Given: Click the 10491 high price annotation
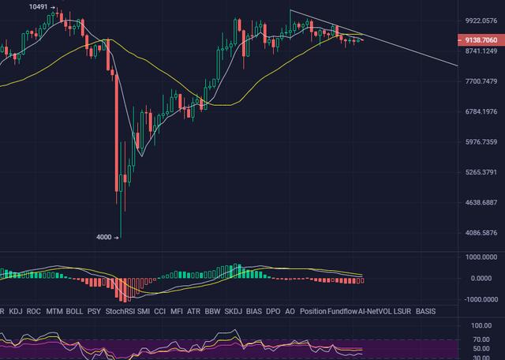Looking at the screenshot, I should pos(38,6).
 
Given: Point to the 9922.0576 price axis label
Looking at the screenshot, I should pos(481,21).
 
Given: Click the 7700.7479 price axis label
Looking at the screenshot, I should pos(481,81).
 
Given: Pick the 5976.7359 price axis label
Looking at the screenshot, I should pos(481,142).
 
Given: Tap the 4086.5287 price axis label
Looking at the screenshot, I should pos(481,233).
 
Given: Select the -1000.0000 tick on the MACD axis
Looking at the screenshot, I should pos(481,299).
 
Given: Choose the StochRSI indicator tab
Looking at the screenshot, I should pos(120,312).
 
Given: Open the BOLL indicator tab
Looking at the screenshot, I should pos(75,312).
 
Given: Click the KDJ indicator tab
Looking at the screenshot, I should pos(15,312).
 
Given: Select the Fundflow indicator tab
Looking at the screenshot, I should pos(342,312).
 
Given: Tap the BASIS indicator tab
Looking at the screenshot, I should pos(425,312).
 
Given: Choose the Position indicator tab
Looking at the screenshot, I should pos(313,312).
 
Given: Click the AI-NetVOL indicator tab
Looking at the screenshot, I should pos(374,312).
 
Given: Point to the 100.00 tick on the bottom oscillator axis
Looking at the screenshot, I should pos(481,325).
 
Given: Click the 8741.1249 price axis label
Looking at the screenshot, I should pos(481,51).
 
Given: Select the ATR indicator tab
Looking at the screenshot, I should pos(193,312).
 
